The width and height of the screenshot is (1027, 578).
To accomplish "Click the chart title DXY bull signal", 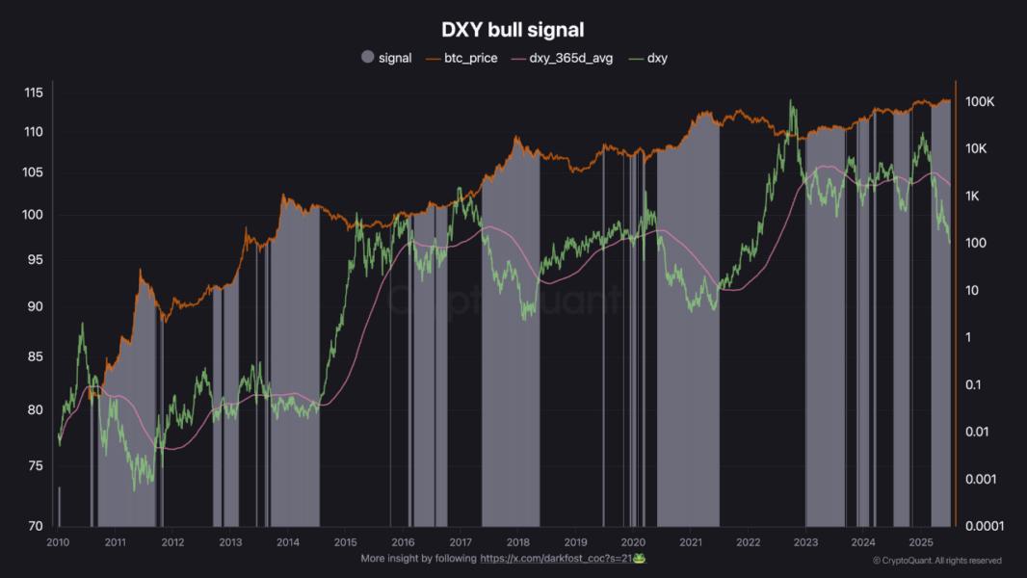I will point(513,31).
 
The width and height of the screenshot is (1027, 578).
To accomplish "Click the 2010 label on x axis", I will point(58,542).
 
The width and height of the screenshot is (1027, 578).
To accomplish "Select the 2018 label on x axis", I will point(518,542).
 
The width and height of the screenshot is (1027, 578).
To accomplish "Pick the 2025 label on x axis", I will point(921,542).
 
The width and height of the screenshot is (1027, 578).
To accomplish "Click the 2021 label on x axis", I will point(691,542).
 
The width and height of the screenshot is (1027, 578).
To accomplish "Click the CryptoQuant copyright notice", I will point(936,561).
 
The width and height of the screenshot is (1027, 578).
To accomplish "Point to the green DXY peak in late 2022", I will point(791,100).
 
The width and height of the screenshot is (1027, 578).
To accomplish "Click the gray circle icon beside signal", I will point(367,58).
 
